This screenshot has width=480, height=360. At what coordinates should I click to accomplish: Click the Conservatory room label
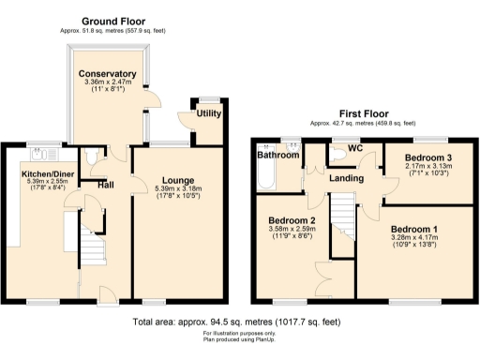coord(107,74)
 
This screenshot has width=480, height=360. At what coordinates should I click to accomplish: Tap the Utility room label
coord(208,113)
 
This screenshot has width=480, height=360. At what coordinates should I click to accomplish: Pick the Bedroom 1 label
coord(413,230)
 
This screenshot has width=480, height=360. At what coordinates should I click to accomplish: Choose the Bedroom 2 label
coord(290,221)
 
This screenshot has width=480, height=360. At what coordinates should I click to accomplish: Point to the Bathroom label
coord(277,156)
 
